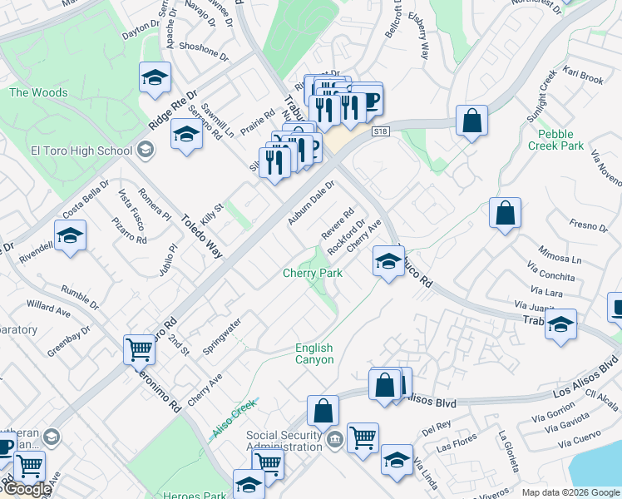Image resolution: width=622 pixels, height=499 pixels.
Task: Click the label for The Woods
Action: pyautogui.click(x=38, y=92)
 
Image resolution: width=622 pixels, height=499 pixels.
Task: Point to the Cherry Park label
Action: pyautogui.click(x=313, y=273)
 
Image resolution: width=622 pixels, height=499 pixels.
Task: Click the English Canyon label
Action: pyautogui.click(x=314, y=353)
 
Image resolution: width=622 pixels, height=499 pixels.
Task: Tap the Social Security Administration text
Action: pyautogui.click(x=284, y=441)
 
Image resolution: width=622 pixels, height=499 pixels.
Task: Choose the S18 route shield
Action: pyautogui.click(x=381, y=131)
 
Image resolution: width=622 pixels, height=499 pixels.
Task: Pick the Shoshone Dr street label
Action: pyautogui.click(x=203, y=52)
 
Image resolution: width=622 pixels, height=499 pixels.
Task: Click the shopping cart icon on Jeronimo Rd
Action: pyautogui.click(x=138, y=349)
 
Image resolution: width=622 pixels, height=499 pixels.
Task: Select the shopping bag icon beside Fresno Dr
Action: pyautogui.click(x=505, y=214)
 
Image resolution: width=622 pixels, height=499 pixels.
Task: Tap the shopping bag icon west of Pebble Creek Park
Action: pyautogui.click(x=471, y=121)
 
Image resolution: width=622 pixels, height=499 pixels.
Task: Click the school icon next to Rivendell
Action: pyautogui.click(x=71, y=235)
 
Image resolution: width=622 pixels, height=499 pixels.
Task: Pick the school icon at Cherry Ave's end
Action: pyautogui.click(x=388, y=262)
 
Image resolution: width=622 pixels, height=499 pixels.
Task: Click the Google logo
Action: pyautogui.click(x=27, y=490)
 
